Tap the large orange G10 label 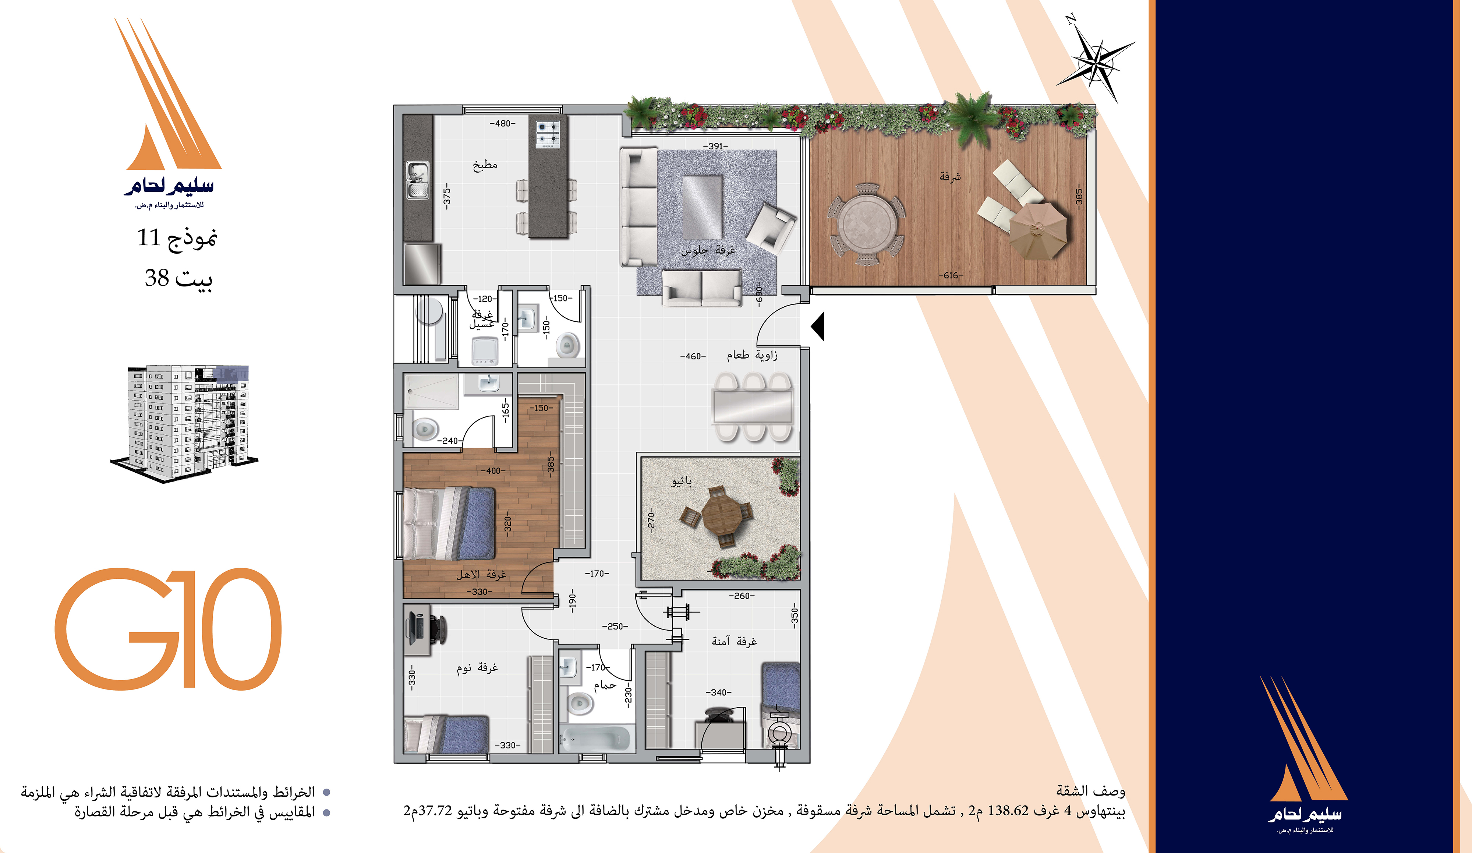pyautogui.click(x=168, y=629)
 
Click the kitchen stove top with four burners pyautogui.click(x=548, y=133)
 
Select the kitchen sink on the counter pyautogui.click(x=418, y=180)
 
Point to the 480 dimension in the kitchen pyautogui.click(x=502, y=123)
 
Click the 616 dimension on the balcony pyautogui.click(x=951, y=275)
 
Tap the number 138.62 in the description pyautogui.click(x=1008, y=811)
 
